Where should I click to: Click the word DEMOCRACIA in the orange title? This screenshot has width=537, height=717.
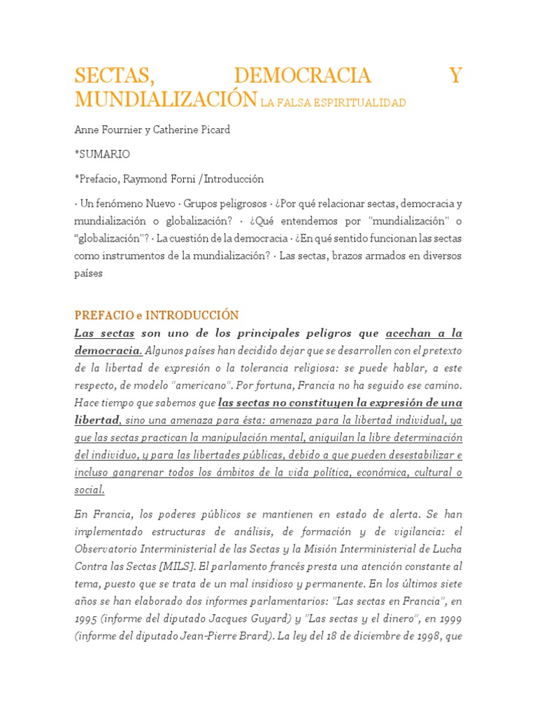tap(303, 76)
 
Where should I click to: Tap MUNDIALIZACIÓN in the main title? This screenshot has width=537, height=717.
tap(165, 99)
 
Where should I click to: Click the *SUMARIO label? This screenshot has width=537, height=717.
tap(102, 154)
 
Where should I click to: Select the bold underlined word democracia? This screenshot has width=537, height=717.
tap(108, 350)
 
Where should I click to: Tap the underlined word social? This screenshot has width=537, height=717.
tap(89, 490)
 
